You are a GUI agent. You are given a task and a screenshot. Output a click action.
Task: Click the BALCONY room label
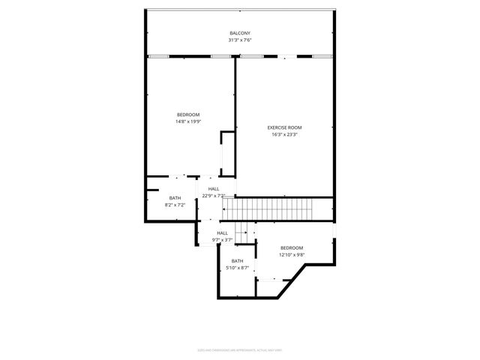click(x=240, y=33)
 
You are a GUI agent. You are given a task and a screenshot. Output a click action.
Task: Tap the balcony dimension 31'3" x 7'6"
click(x=240, y=40)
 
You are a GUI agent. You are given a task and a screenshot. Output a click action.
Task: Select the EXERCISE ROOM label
click(x=283, y=127)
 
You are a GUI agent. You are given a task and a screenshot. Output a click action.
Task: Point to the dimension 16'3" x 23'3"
click(x=283, y=135)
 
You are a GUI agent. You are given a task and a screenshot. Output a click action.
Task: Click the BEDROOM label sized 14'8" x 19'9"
click(x=188, y=114)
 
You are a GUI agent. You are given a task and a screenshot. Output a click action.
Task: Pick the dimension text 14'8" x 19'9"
click(x=188, y=121)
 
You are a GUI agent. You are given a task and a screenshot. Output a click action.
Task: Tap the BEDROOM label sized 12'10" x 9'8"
click(x=292, y=247)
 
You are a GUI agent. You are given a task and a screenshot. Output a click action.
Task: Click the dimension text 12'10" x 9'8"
click(x=292, y=254)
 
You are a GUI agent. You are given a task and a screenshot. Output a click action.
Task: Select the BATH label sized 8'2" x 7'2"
click(x=175, y=198)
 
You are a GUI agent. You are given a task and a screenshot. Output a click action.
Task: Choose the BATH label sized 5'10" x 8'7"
click(x=237, y=261)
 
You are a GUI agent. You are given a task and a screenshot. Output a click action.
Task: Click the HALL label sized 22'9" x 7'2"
click(x=214, y=189)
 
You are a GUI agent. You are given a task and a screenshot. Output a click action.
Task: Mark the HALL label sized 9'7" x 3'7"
click(x=223, y=233)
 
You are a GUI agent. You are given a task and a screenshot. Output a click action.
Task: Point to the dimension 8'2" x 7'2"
click(x=175, y=205)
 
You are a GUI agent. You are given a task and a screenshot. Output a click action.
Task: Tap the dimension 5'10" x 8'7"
click(x=237, y=268)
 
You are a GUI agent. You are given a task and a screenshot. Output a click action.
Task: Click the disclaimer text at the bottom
click(x=240, y=349)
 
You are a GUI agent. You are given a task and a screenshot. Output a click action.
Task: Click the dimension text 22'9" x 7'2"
click(x=214, y=196)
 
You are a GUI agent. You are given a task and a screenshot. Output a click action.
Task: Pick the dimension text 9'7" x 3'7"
click(x=223, y=240)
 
